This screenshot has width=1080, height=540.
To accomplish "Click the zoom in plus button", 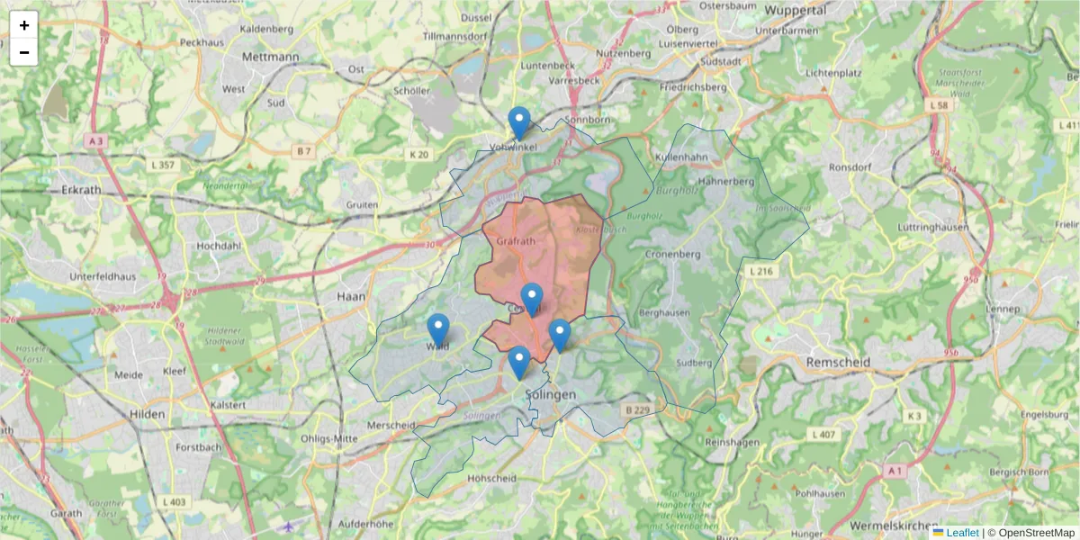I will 24,25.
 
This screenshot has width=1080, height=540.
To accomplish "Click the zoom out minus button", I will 24,52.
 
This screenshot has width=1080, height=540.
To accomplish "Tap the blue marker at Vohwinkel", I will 519,123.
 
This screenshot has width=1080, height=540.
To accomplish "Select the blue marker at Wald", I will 438,330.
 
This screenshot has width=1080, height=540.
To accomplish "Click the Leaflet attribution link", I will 961,533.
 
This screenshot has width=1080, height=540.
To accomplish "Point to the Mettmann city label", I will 270,56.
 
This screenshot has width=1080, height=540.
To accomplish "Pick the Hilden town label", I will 147,414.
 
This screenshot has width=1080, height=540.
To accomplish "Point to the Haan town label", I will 348,296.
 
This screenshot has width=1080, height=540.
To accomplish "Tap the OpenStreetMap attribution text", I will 1037,533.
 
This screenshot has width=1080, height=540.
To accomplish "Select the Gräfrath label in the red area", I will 516,241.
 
